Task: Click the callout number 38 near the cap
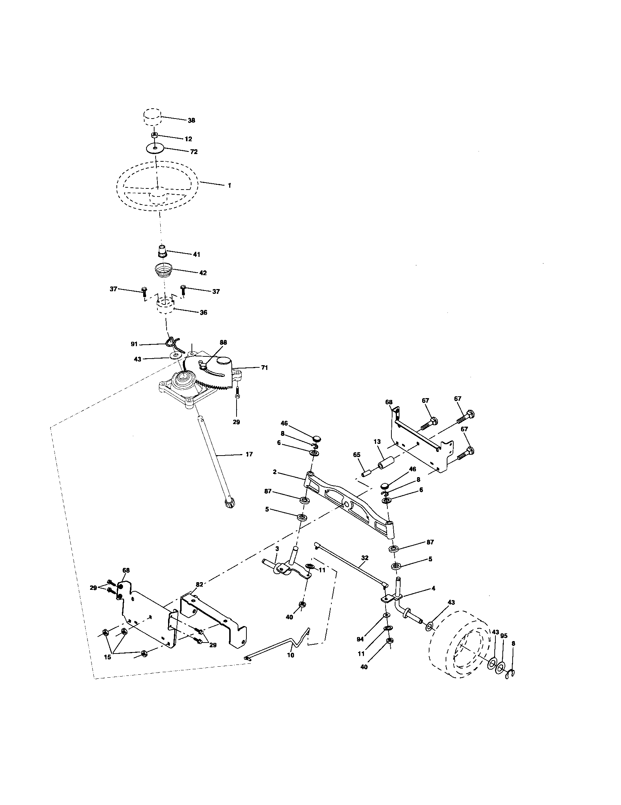tap(191, 120)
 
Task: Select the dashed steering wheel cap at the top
tap(152, 117)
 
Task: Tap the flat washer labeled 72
tap(154, 149)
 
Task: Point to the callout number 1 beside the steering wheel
tap(229, 186)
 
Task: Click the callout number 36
tap(203, 312)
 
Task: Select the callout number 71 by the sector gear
tap(264, 367)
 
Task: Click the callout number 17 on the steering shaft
tap(249, 454)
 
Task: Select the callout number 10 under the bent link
tap(290, 655)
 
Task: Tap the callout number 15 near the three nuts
tap(107, 657)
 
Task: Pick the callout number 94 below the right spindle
tap(360, 639)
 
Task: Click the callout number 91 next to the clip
tap(134, 344)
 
